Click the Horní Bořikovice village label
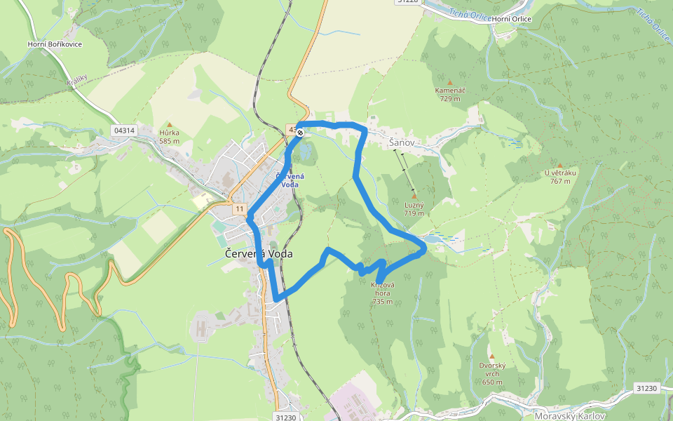click(x=55, y=44)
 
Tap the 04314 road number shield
click(x=123, y=131)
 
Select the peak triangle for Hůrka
click(x=169, y=125)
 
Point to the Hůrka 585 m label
click(x=169, y=136)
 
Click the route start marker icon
click(x=299, y=132)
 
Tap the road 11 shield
click(x=240, y=209)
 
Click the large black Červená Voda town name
click(x=259, y=254)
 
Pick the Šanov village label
click(x=402, y=143)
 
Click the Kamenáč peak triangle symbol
click(x=450, y=83)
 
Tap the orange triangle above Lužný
click(x=414, y=196)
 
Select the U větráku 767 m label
click(x=559, y=177)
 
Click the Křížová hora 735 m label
click(x=383, y=293)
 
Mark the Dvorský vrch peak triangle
click(x=492, y=356)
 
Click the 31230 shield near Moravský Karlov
click(x=647, y=387)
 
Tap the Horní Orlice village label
click(x=512, y=19)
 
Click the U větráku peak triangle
click(x=559, y=166)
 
